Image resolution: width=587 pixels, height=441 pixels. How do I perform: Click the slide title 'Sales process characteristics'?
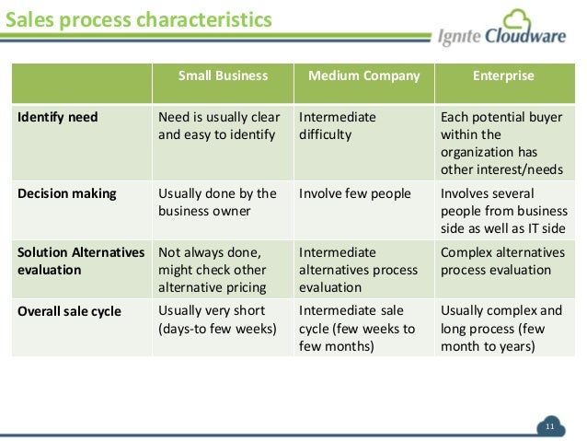tap(139, 18)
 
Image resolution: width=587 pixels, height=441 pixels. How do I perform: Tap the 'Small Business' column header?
tap(223, 76)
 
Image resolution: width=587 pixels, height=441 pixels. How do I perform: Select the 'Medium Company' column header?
tap(363, 76)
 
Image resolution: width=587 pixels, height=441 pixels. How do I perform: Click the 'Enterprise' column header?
tap(503, 76)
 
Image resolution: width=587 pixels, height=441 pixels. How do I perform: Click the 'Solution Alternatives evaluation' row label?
tap(81, 261)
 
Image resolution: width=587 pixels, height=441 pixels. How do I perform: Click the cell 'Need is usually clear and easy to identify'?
tap(219, 126)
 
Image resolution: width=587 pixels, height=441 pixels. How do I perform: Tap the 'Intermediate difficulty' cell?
tap(338, 126)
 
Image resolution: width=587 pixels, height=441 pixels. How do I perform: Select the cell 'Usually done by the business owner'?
tap(218, 202)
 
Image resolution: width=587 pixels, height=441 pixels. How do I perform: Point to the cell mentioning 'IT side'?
tap(502, 211)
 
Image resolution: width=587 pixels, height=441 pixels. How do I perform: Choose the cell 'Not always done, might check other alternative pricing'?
tap(213, 270)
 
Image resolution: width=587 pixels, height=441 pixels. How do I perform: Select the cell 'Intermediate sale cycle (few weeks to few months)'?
tap(357, 328)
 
